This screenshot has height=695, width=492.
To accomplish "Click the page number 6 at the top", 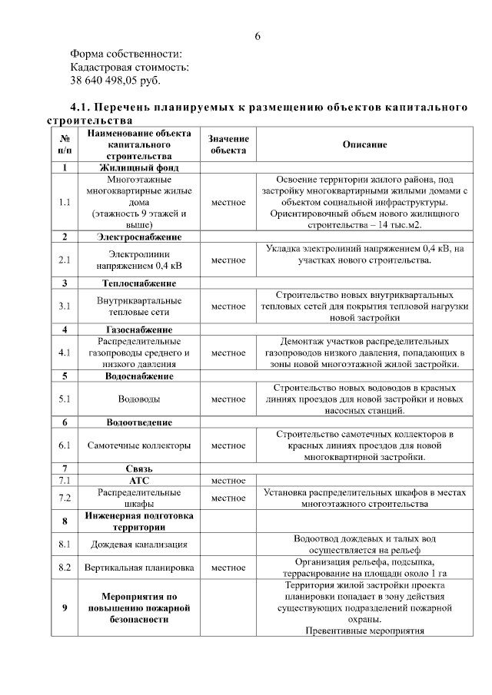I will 258,36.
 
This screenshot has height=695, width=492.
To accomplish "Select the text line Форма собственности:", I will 126,53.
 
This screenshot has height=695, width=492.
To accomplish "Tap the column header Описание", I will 364,144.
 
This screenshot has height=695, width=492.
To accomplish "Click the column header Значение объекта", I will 228,144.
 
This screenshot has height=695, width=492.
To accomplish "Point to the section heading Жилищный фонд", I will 139,167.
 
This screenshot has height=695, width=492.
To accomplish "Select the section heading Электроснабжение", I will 139,237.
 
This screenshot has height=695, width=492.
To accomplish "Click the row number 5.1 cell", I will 65,399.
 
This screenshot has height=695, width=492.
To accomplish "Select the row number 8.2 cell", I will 65,568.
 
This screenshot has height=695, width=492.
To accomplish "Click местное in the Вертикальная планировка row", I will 228,568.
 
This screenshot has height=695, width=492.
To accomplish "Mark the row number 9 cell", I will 65,608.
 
